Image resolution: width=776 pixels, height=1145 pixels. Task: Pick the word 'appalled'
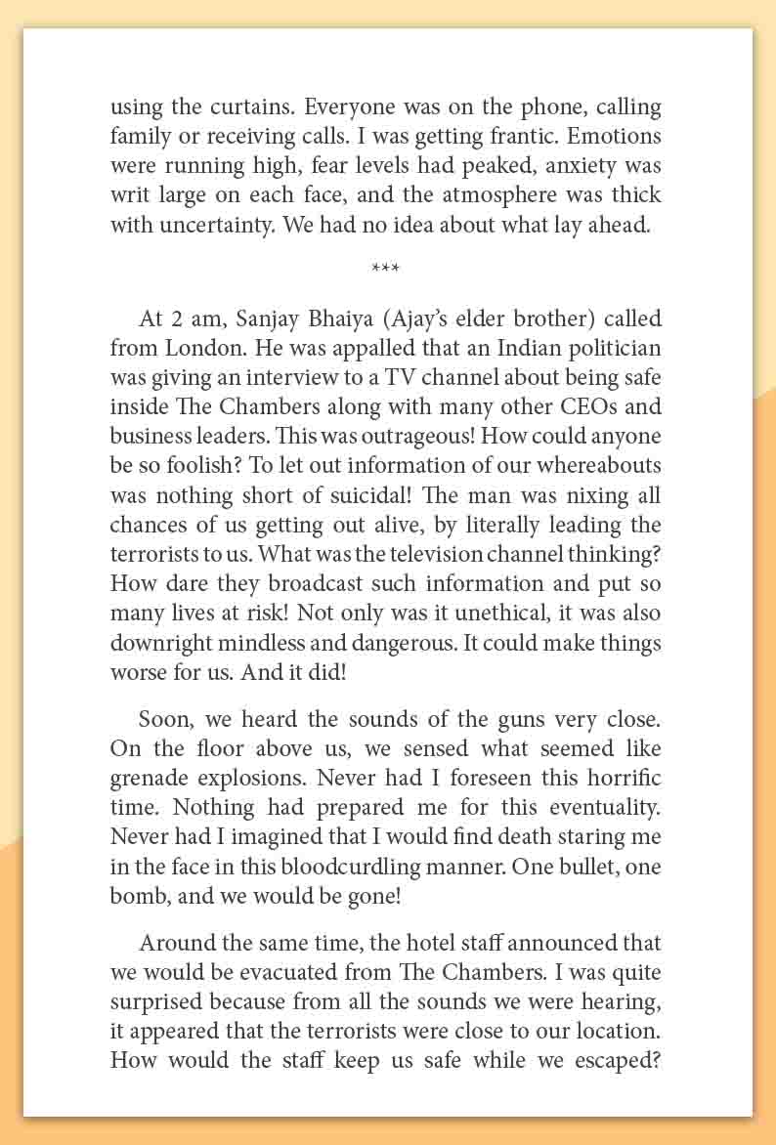[348, 348]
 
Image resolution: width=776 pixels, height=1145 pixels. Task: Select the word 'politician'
[613, 348]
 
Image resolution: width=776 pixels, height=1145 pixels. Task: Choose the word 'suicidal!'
[412, 494]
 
